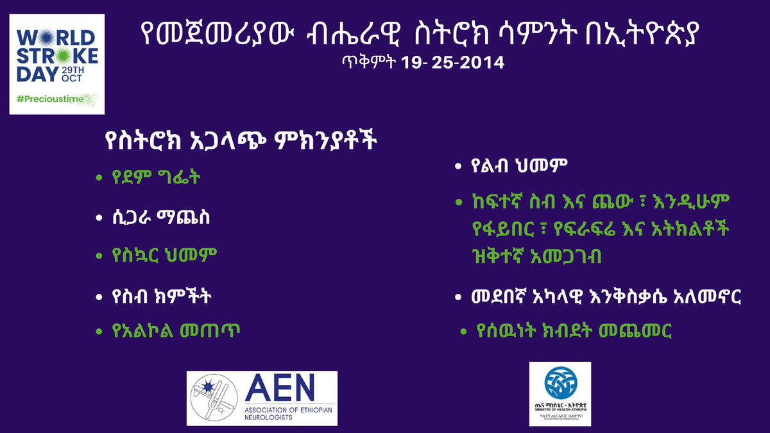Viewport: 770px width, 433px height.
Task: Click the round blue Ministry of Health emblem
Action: pos(560,384)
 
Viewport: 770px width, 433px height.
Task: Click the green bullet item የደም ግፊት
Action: pos(157,177)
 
